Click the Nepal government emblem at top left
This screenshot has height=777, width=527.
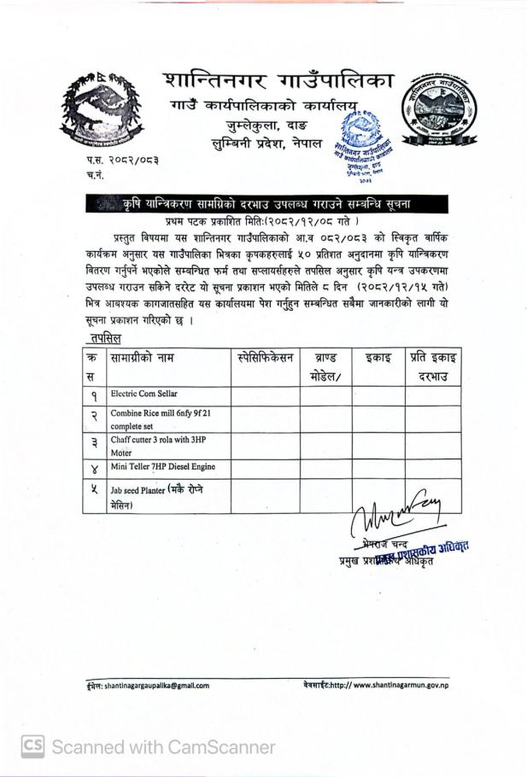(x=102, y=110)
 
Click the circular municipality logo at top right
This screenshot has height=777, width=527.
(x=440, y=108)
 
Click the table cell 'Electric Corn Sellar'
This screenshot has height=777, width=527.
(x=144, y=394)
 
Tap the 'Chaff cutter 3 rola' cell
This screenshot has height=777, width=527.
(x=159, y=446)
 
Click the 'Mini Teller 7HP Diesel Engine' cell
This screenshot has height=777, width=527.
(x=162, y=467)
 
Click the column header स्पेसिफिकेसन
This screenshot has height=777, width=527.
(x=265, y=358)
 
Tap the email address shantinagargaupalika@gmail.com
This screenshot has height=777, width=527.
(x=146, y=685)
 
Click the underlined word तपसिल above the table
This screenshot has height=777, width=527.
(x=104, y=338)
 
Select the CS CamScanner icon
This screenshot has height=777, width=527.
(x=32, y=747)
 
